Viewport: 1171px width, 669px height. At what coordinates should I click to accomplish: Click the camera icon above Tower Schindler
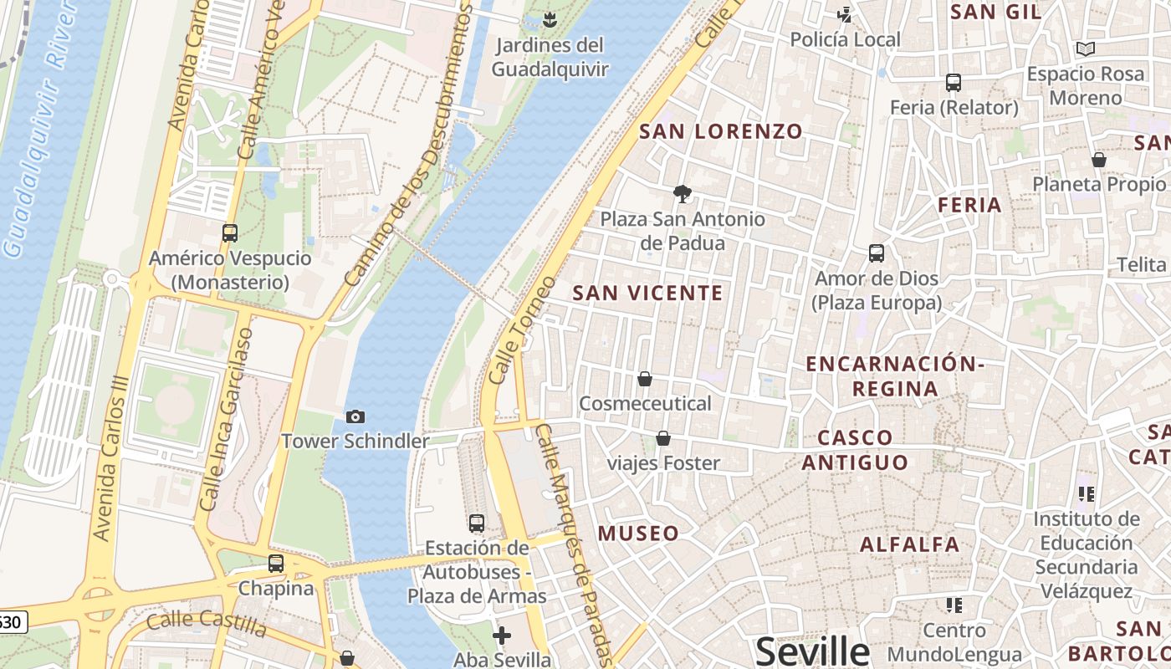(x=355, y=416)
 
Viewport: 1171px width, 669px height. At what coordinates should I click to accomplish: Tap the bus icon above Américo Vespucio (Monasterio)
(x=230, y=233)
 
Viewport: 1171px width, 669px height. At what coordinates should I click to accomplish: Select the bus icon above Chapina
(x=276, y=564)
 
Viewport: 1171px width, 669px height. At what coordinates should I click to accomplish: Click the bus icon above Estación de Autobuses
(x=477, y=523)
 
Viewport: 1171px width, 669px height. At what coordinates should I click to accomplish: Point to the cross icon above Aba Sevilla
(x=502, y=636)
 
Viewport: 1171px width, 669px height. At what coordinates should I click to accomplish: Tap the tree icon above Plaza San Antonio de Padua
(x=683, y=194)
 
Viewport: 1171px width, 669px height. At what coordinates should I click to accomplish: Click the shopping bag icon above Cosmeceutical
(x=645, y=379)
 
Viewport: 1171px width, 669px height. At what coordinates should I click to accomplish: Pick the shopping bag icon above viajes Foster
(x=663, y=438)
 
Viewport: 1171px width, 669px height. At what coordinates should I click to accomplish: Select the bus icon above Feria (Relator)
(x=954, y=83)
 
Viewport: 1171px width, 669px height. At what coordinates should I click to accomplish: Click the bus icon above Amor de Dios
(x=877, y=253)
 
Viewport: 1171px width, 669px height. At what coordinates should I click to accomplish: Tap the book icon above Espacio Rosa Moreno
(x=1086, y=49)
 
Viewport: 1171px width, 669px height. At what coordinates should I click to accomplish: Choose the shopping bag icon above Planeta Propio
(x=1099, y=160)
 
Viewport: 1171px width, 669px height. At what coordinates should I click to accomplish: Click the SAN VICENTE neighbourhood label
(x=647, y=293)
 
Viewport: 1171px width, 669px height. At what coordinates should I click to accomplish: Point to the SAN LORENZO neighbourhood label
(x=721, y=131)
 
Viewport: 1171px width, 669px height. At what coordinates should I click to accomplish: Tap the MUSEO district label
(x=638, y=534)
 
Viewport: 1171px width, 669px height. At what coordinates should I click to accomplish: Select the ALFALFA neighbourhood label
(x=910, y=544)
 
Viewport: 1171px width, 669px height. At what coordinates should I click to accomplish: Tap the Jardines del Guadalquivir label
(x=550, y=57)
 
